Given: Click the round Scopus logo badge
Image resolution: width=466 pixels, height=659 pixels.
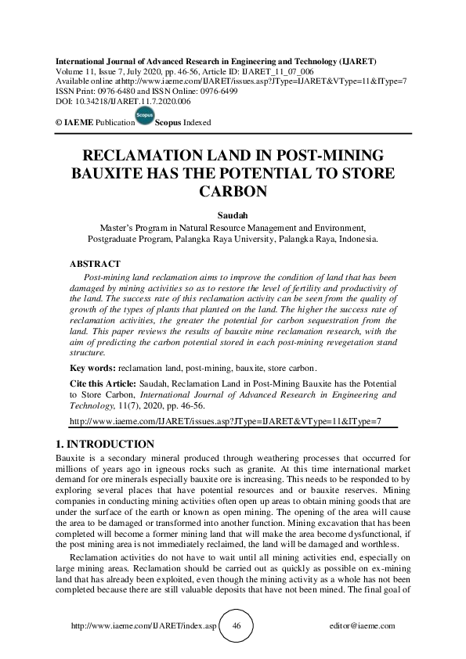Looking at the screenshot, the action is (x=144, y=117).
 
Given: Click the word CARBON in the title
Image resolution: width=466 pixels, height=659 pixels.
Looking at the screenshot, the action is (x=233, y=190).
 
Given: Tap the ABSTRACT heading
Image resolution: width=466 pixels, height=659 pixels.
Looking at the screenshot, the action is (x=95, y=264).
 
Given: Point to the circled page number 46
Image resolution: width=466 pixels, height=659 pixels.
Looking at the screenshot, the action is (x=236, y=626).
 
